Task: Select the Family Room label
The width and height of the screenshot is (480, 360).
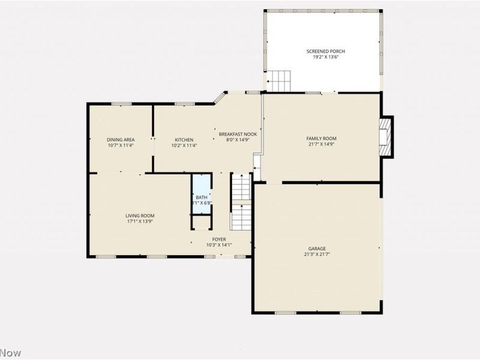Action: pos(321,138)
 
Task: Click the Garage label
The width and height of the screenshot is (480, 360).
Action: pos(317,248)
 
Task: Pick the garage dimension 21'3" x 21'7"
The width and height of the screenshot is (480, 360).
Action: pos(317,254)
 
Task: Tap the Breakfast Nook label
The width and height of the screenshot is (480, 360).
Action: pos(238,134)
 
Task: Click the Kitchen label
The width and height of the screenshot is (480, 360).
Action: pos(184,139)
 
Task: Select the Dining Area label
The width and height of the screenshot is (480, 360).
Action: pos(121,139)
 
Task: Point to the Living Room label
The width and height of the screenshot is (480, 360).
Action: pos(140,215)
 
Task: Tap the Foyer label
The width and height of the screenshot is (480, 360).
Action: pos(218,239)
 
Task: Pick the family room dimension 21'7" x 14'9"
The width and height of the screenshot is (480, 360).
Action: pos(321,144)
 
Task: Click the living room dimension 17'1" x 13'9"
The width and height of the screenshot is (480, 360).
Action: pos(140,221)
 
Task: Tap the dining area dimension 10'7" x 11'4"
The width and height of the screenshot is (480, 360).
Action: pos(121,145)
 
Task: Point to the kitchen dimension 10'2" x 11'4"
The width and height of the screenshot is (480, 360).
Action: pos(184,145)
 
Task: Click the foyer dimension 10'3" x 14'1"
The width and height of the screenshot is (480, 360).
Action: pos(218,245)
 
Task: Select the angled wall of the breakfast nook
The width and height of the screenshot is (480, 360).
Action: pos(220,98)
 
